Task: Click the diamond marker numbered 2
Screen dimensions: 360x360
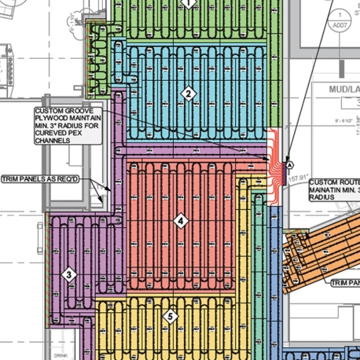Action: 188,95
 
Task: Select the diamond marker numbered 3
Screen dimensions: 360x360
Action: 69,274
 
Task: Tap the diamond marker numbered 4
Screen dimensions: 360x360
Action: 181,222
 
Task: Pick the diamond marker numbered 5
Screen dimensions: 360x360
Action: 169,317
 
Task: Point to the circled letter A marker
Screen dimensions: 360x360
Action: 290,166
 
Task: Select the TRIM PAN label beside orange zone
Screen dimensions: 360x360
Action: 344,281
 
